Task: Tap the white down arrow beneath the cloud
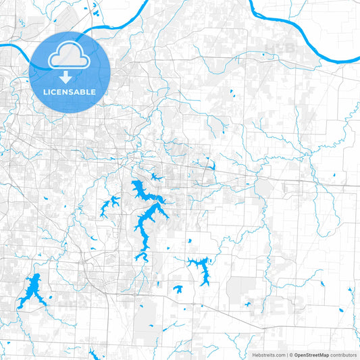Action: point(64,77)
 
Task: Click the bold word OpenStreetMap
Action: point(311,355)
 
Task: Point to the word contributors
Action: point(343,355)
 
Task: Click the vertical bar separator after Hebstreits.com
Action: point(286,355)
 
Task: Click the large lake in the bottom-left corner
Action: point(30,292)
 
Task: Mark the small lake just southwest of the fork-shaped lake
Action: point(178,289)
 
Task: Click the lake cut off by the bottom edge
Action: point(93,355)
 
